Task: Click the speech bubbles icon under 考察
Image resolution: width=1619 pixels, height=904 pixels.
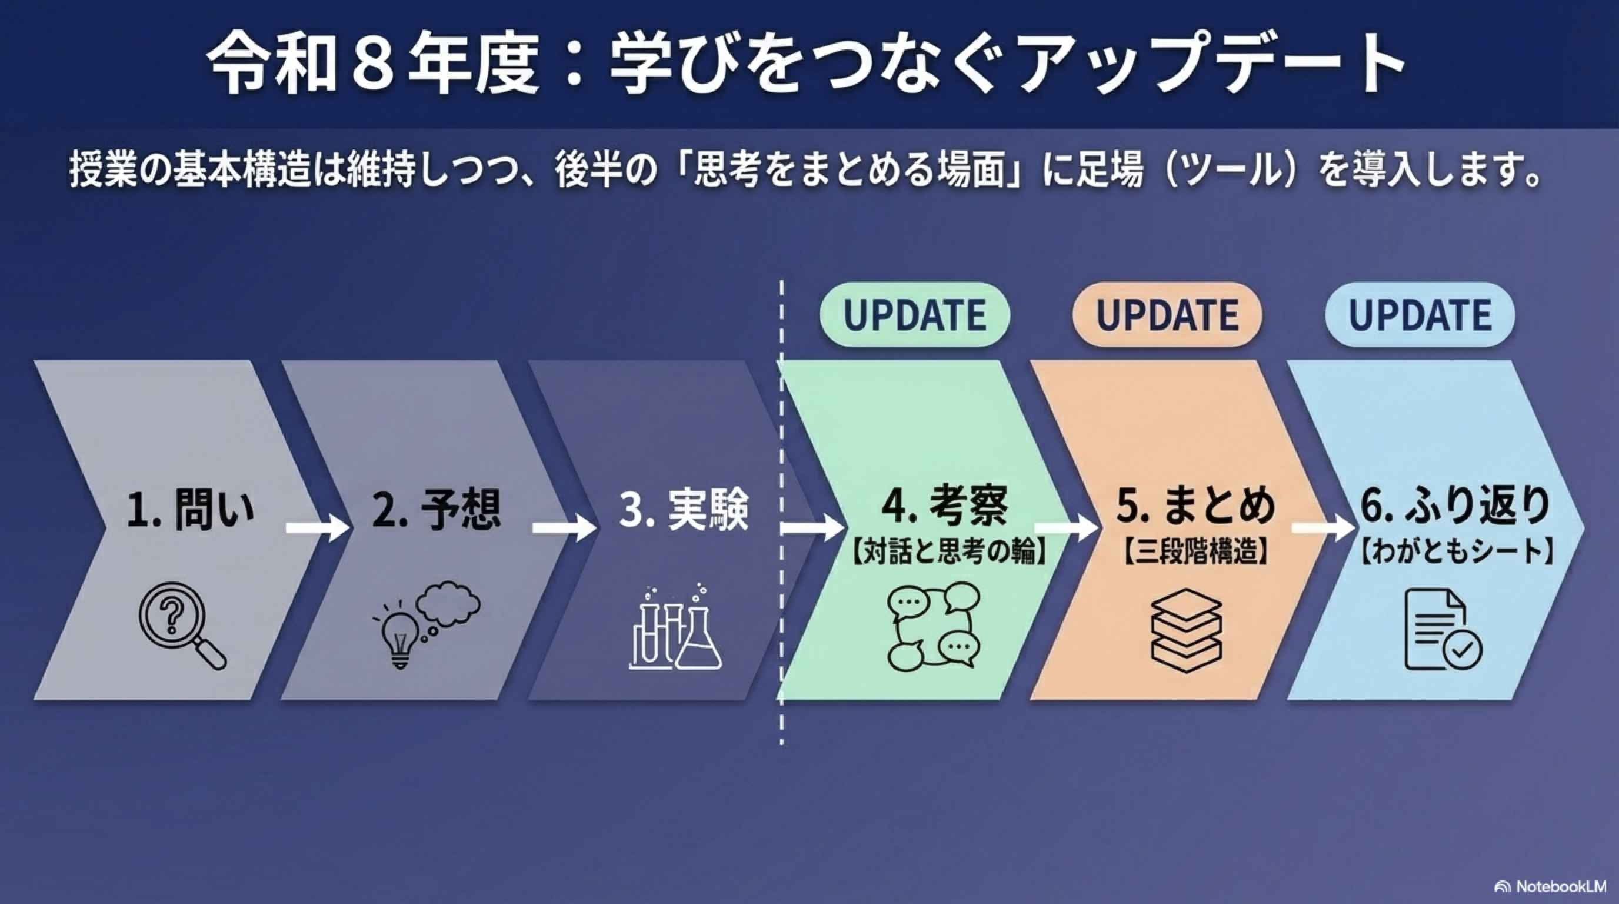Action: point(933,626)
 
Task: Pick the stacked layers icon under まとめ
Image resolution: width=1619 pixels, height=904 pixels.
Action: point(1186,630)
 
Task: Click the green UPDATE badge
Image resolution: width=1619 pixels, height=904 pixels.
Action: point(914,315)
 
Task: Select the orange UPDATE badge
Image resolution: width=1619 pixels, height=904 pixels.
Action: point(1167,315)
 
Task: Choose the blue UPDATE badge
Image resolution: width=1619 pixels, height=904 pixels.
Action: point(1420,315)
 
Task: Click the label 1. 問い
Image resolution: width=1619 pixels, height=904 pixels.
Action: point(191,508)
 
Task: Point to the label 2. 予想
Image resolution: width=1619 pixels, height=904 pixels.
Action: point(437,508)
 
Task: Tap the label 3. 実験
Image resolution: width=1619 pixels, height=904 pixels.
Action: point(684,508)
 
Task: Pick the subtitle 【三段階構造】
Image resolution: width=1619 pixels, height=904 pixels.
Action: point(1195,551)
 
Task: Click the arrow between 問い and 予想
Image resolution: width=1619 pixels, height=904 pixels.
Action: point(316,527)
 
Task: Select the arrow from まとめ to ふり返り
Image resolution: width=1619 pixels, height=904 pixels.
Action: point(1322,527)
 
